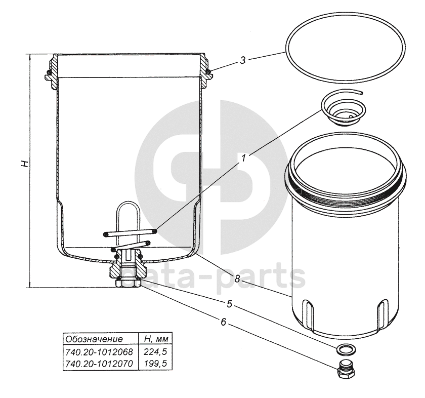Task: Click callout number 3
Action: click(x=242, y=60)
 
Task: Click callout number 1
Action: click(x=243, y=158)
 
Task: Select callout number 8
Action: click(x=237, y=278)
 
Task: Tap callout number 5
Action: click(x=230, y=304)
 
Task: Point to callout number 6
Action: click(x=223, y=322)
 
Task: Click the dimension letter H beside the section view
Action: click(x=25, y=164)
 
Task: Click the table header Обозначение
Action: click(x=94, y=339)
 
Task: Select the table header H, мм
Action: click(x=156, y=339)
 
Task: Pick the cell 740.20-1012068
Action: click(x=99, y=351)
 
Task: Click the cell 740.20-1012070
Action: click(x=99, y=363)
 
